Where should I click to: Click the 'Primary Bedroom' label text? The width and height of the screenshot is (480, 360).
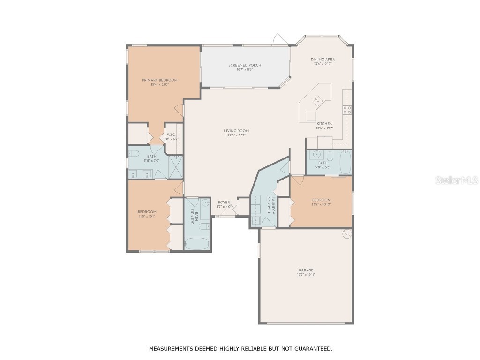click(x=160, y=80)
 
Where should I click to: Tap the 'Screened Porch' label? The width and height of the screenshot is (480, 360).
click(x=245, y=65)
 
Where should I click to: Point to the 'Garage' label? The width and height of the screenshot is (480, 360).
click(x=306, y=270)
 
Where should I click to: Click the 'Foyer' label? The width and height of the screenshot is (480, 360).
click(x=224, y=202)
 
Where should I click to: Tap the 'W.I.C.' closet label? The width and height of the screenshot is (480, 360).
click(x=171, y=135)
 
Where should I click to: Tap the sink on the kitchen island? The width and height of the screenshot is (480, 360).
click(x=317, y=100)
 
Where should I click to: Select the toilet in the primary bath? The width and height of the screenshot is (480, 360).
click(x=134, y=154)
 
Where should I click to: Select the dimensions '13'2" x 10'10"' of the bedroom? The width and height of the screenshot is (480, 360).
click(x=321, y=204)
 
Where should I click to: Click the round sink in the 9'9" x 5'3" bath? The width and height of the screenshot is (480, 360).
click(x=316, y=154)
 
